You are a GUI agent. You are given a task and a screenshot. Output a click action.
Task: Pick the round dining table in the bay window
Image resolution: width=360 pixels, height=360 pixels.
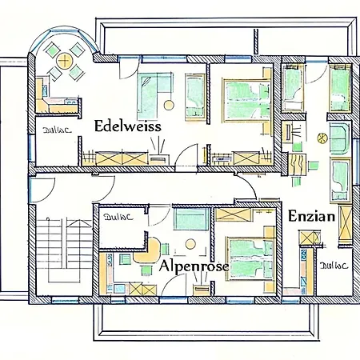tap(64, 62)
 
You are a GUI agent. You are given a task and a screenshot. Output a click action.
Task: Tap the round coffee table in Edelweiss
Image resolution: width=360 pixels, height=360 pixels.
tap(169, 105)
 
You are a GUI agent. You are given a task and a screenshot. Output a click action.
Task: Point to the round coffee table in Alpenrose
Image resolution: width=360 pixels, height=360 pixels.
tap(190, 243)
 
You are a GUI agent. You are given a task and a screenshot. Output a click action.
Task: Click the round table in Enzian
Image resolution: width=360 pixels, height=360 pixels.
tap(322, 138)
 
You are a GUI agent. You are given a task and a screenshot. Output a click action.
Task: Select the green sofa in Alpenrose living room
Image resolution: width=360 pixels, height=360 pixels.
tap(190, 219)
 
